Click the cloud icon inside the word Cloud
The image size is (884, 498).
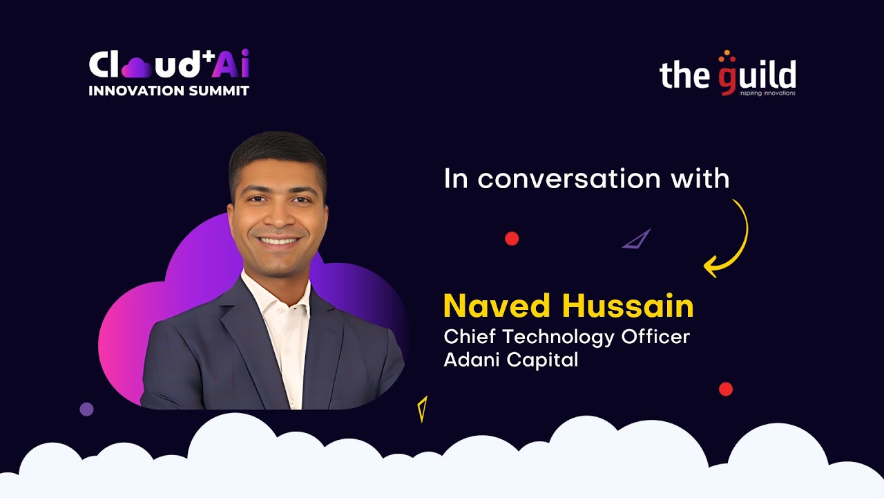[140, 67]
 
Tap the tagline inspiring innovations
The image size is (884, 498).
[767, 93]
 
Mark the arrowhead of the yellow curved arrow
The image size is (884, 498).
[710, 266]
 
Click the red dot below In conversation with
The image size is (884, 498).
[512, 239]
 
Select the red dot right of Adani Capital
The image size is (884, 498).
[725, 389]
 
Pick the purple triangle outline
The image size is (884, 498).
[637, 240]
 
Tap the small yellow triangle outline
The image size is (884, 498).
[423, 408]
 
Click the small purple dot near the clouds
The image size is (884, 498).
[86, 409]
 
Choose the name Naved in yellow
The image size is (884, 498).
[497, 306]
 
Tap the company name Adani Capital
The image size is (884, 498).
[511, 360]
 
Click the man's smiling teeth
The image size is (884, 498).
[280, 241]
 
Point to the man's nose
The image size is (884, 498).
[278, 220]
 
